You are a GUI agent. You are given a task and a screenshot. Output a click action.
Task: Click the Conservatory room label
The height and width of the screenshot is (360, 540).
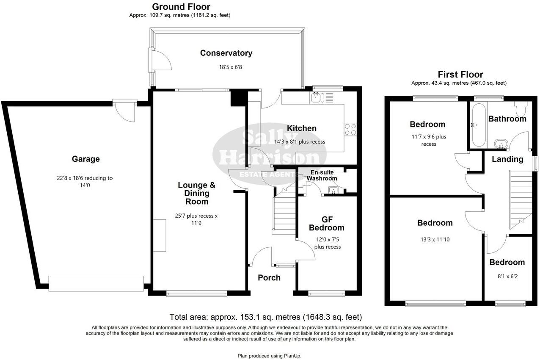(226, 53)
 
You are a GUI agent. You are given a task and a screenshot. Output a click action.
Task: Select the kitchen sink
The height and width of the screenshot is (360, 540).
(316, 98)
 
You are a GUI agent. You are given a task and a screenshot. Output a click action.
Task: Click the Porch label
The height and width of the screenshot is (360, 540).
(269, 277)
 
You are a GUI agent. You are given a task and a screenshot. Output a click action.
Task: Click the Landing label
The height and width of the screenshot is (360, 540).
(507, 159)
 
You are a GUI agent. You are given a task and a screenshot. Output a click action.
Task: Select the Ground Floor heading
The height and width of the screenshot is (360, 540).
(181, 7)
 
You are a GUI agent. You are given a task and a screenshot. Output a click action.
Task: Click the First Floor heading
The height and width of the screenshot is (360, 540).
(460, 75)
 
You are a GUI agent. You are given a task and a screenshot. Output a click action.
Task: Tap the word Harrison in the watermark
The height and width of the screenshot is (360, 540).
(269, 158)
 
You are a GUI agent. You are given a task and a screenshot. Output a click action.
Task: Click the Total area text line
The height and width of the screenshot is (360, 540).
(265, 317)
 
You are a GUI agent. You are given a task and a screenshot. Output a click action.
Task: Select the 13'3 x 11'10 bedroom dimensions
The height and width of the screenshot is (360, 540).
(435, 239)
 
